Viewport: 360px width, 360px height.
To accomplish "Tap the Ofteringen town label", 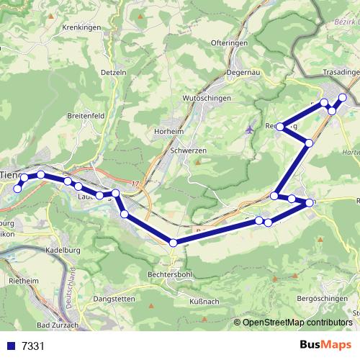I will click(230, 43).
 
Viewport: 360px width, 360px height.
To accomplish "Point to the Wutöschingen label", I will click(207, 96).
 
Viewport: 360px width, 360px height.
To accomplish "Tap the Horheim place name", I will click(170, 131).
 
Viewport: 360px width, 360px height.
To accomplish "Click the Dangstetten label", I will click(114, 299).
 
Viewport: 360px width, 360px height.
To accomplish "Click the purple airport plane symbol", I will click(250, 130).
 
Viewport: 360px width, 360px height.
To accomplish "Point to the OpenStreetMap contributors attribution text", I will click(297, 323).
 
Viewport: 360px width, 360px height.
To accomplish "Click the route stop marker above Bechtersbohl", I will click(173, 243).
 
